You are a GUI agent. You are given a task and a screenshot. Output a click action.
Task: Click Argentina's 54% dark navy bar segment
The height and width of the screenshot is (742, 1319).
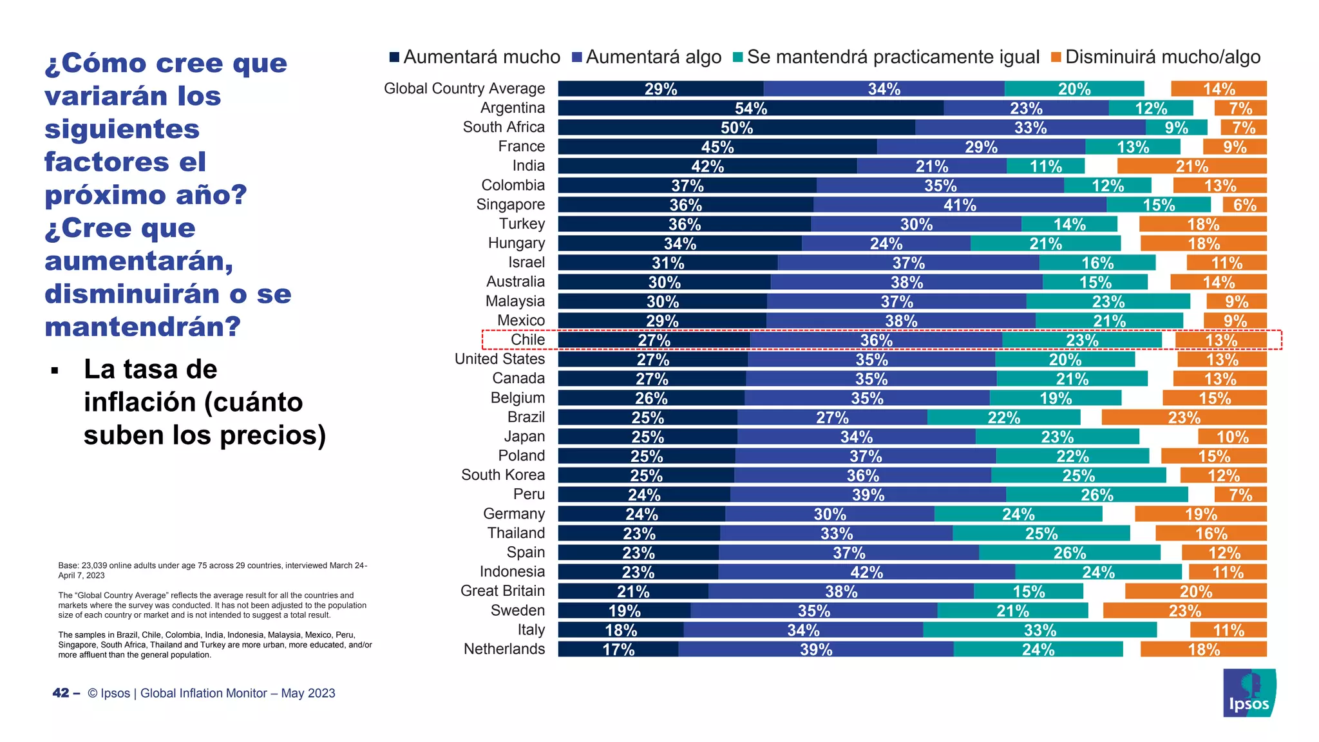pyautogui.click(x=750, y=108)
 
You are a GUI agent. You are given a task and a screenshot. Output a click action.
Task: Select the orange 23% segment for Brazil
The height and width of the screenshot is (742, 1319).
pyautogui.click(x=1184, y=417)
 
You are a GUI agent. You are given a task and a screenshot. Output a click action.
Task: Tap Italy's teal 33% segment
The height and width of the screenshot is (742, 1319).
pyautogui.click(x=1039, y=630)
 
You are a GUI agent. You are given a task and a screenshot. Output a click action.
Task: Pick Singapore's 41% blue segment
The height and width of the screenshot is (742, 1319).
pyautogui.click(x=960, y=205)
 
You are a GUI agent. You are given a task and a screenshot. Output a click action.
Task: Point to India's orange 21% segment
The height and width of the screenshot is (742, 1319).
pyautogui.click(x=1191, y=166)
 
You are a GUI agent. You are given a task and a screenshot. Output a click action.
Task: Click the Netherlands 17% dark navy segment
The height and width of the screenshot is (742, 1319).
pyautogui.click(x=618, y=649)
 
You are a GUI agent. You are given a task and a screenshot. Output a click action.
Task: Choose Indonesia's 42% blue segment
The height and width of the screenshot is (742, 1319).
pyautogui.click(x=866, y=572)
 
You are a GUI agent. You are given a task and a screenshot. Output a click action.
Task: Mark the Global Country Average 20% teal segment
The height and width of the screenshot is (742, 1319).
pyautogui.click(x=1074, y=89)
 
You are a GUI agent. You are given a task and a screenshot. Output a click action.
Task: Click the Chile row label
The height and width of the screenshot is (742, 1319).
pyautogui.click(x=527, y=339)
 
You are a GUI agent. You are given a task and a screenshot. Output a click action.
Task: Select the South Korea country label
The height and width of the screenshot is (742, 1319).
pyautogui.click(x=502, y=475)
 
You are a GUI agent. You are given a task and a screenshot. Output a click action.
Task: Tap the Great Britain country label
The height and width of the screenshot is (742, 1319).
pyautogui.click(x=502, y=591)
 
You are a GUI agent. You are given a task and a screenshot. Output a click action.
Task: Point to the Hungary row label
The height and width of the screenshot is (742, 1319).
pyautogui.click(x=516, y=243)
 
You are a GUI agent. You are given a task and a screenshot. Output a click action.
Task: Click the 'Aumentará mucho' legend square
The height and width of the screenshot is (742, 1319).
pyautogui.click(x=394, y=57)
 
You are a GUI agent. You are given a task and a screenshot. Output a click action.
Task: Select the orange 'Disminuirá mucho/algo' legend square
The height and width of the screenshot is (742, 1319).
pyautogui.click(x=1056, y=57)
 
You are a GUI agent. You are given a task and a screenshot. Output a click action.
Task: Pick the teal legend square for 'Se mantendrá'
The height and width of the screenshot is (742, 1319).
pyautogui.click(x=737, y=57)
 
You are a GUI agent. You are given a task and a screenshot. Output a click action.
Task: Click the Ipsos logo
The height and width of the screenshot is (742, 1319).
pyautogui.click(x=1249, y=693)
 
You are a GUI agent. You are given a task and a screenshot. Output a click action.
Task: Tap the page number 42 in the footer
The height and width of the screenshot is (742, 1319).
pyautogui.click(x=61, y=693)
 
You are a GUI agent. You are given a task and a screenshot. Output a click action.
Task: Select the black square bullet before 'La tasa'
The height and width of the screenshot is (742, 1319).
pyautogui.click(x=55, y=371)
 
